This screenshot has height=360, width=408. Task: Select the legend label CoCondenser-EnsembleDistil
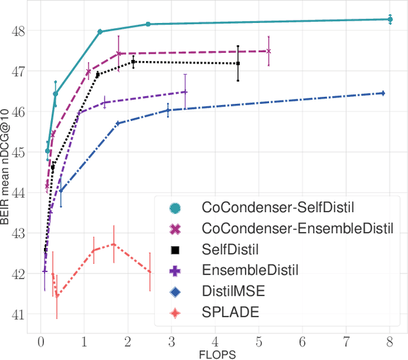tap(297, 227)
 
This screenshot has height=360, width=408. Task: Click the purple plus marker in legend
tap(174, 270)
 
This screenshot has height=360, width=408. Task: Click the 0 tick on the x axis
tap(41, 342)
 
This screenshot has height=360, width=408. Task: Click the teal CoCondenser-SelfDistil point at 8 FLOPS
tap(390, 19)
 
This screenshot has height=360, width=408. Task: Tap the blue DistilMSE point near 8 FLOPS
tap(382, 93)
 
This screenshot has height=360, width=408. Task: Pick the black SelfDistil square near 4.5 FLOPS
tap(238, 63)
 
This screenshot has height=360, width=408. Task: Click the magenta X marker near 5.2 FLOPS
tap(268, 51)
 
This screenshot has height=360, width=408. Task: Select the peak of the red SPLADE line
tap(113, 244)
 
